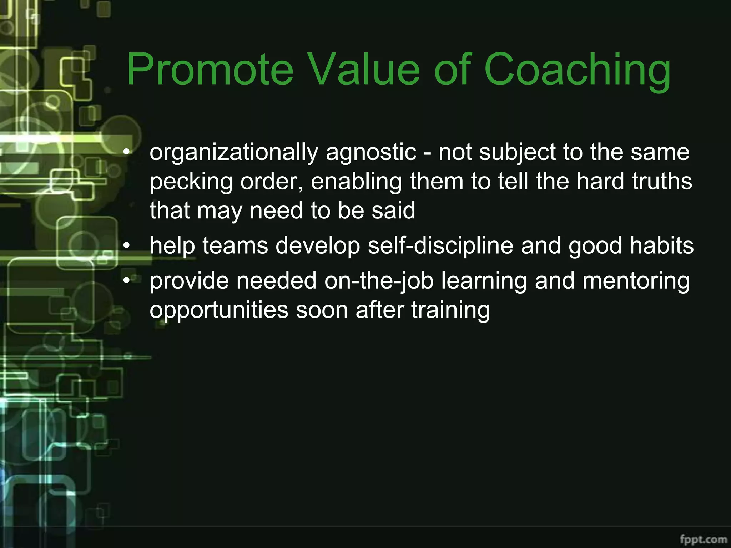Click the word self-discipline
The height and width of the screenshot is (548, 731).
point(440,246)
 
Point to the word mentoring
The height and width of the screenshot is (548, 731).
point(636,281)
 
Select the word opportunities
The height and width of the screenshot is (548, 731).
point(219,310)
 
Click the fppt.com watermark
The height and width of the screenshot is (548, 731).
point(703,539)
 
